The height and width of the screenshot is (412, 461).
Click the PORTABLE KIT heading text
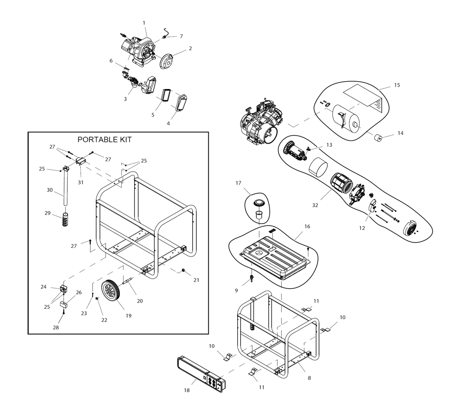104,139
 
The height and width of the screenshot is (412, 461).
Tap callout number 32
315,205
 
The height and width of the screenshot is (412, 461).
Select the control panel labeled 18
202,375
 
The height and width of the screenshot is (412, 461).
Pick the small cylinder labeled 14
378,137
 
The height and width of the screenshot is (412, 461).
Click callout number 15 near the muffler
397,85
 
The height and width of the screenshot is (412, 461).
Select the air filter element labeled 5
166,96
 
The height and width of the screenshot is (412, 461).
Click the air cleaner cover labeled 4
181,103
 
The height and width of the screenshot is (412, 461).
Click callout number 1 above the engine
144,23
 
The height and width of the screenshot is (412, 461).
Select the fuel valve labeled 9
252,278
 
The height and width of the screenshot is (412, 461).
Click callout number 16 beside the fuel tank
307,227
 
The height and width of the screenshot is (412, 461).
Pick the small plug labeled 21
183,270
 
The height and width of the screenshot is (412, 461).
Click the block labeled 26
64,305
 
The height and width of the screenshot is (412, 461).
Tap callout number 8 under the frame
309,378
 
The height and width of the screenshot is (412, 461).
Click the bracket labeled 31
80,161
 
